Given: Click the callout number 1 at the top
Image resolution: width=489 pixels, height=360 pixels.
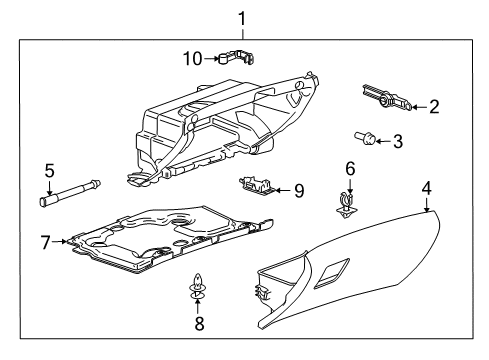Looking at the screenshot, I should click(240, 17).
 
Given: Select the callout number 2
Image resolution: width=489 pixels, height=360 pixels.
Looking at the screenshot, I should click(434, 105).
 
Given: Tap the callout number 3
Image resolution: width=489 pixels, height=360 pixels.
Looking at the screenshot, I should click(398, 142).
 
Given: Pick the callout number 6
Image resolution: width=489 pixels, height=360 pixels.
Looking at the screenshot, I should click(350, 168).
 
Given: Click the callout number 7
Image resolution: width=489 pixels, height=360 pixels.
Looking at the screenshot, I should click(45, 240).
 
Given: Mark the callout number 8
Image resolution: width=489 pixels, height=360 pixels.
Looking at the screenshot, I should click(198, 323).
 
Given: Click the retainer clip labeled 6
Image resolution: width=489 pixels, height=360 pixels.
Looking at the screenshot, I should click(347, 202).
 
